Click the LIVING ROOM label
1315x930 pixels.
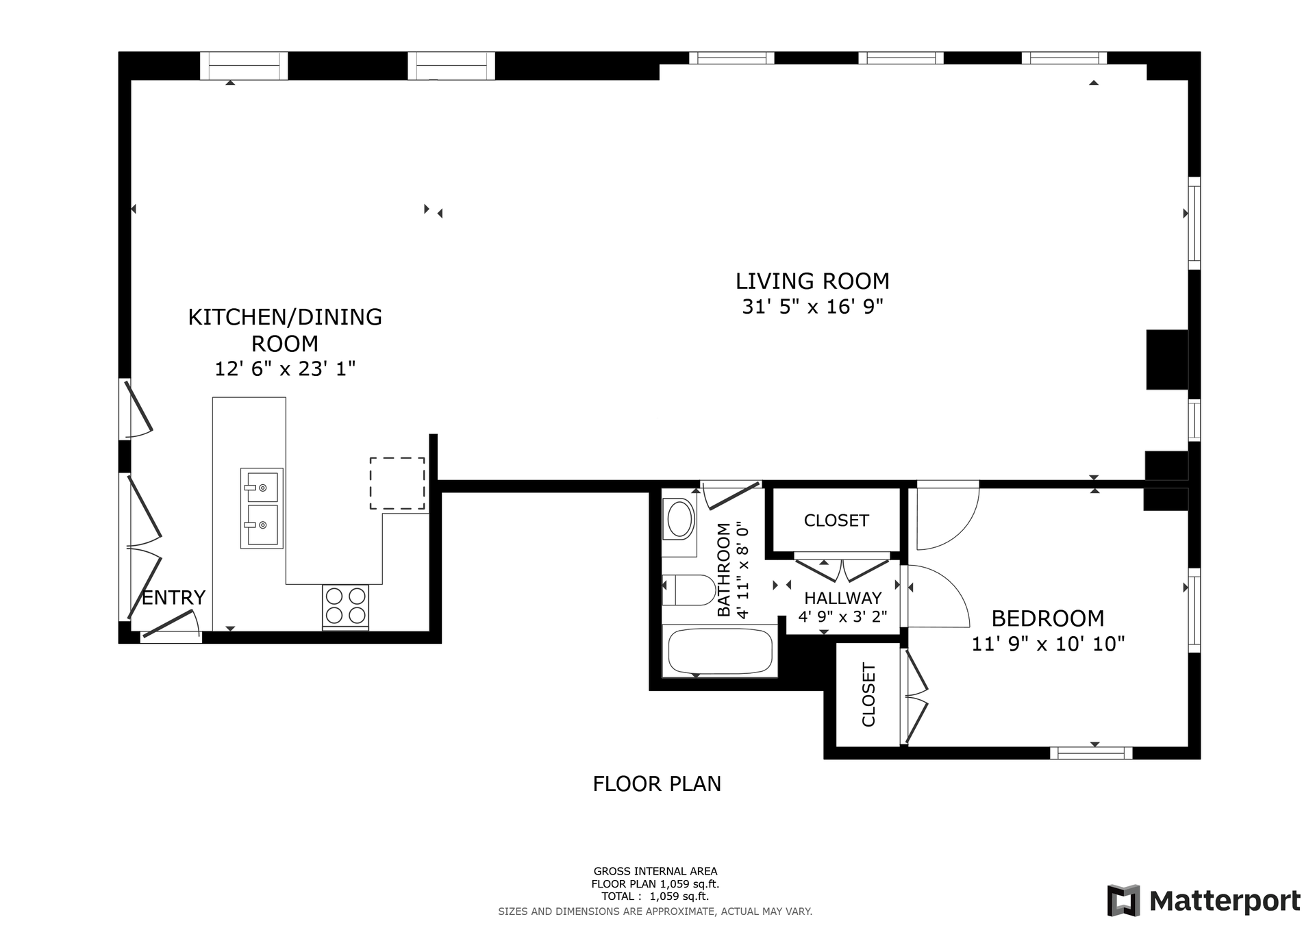click(x=812, y=281)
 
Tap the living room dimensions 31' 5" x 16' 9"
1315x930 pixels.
click(x=812, y=306)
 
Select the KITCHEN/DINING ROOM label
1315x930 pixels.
click(x=285, y=329)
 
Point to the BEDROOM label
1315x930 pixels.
click(x=1048, y=618)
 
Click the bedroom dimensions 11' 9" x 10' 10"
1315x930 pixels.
click(x=1048, y=644)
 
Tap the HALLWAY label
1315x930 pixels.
click(x=842, y=598)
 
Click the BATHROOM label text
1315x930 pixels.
click(x=724, y=570)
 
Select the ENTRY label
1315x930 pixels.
click(x=173, y=598)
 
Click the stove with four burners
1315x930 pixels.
click(x=346, y=606)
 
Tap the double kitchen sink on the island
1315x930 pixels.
click(x=262, y=508)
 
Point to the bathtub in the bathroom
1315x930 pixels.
click(x=720, y=651)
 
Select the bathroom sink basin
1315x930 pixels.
click(x=679, y=519)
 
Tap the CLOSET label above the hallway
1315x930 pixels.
click(x=836, y=520)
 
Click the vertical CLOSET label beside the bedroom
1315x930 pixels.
click(x=868, y=694)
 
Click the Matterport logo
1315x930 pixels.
click(x=1203, y=901)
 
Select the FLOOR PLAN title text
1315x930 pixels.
click(x=657, y=783)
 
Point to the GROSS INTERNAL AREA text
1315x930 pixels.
click(x=655, y=871)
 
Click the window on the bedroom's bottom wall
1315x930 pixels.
click(x=1091, y=753)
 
